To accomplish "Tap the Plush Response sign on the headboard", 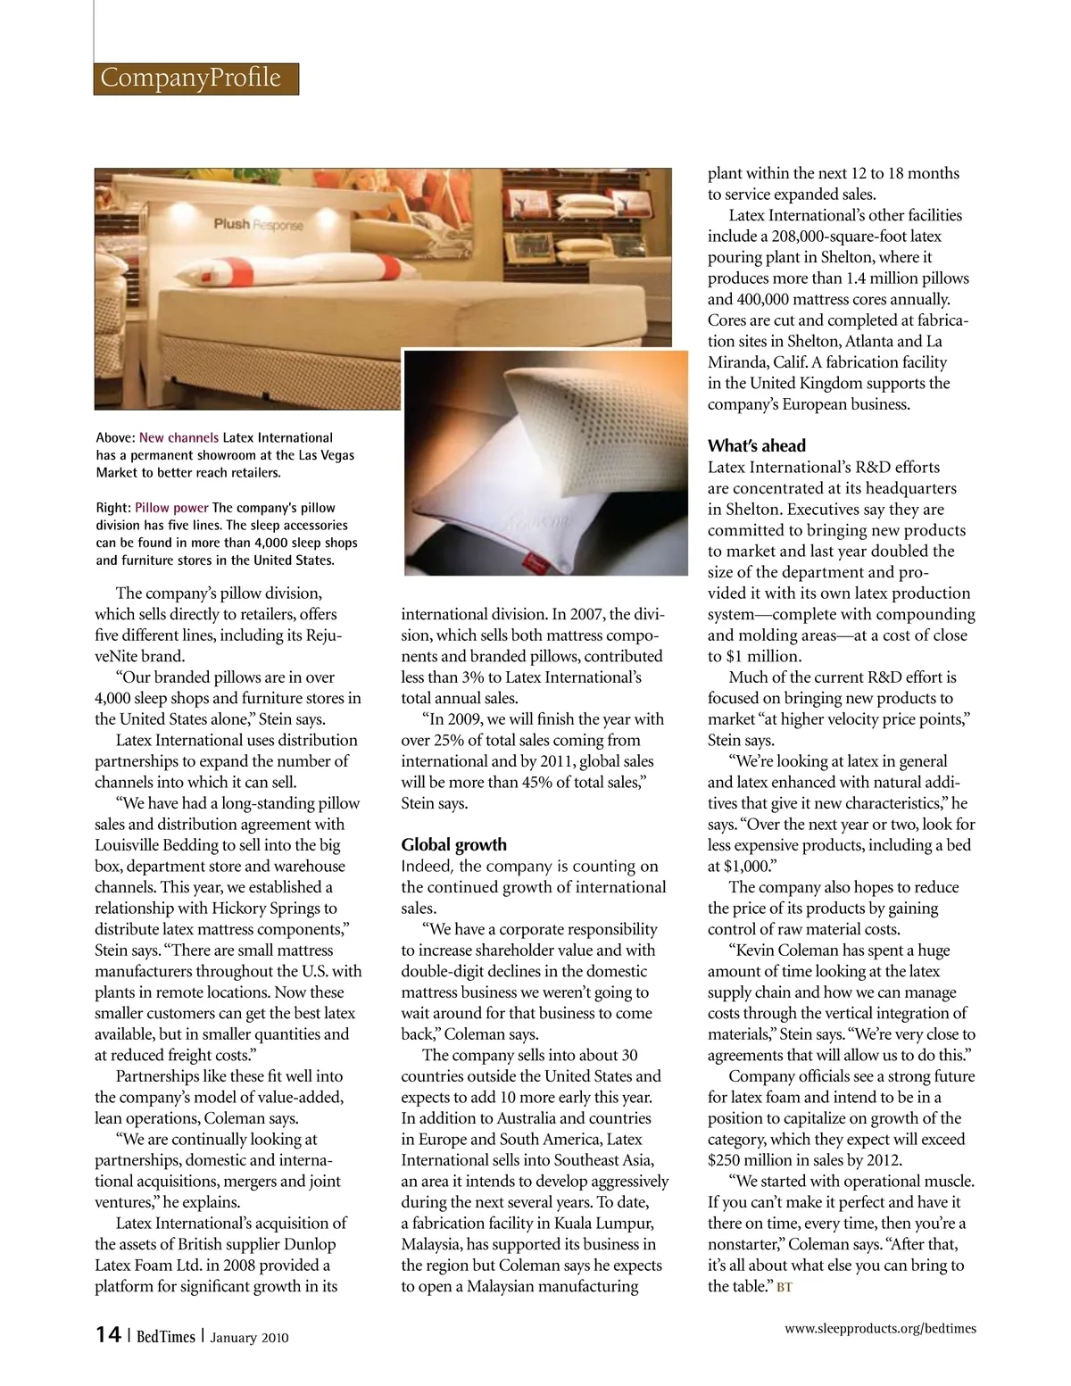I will click(x=258, y=224).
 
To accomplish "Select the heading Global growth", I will click(x=453, y=844).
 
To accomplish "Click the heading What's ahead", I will click(x=756, y=445).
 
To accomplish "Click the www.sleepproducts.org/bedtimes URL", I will click(x=880, y=1328).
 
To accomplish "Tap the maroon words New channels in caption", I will click(x=178, y=437).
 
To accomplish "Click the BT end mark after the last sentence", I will click(x=785, y=1287).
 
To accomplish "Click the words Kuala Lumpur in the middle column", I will click(x=605, y=1223).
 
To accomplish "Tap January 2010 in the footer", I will click(x=249, y=1337).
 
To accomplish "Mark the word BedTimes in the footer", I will click(x=165, y=1336).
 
